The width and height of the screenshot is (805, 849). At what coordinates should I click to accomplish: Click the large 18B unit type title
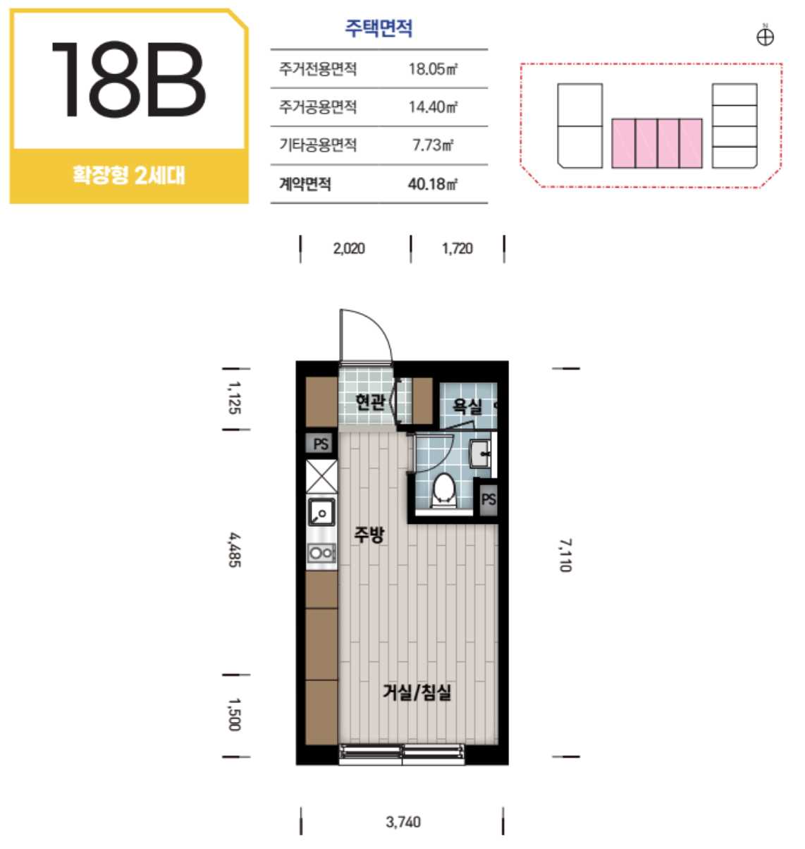(128, 80)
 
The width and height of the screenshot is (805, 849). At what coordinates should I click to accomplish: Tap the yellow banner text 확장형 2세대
(129, 176)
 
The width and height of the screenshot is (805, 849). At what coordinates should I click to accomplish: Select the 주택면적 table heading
(379, 28)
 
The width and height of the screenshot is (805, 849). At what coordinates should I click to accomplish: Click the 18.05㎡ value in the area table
(432, 69)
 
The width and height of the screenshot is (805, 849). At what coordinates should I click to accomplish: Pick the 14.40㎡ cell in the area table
(433, 106)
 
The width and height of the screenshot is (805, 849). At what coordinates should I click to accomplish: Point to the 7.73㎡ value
(432, 145)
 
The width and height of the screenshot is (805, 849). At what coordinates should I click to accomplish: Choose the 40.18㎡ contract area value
(432, 184)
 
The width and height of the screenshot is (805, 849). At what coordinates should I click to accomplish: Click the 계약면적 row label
(305, 184)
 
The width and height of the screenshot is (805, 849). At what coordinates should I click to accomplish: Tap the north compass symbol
(765, 36)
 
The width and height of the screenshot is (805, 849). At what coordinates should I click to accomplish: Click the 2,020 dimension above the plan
(349, 249)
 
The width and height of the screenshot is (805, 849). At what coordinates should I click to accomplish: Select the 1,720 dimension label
(457, 249)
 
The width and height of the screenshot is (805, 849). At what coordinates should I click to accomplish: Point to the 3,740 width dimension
(403, 821)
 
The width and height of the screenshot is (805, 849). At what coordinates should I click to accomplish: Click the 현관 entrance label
(369, 402)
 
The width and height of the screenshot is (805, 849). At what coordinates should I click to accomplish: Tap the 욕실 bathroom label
(467, 405)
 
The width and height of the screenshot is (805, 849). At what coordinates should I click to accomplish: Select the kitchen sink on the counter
(321, 512)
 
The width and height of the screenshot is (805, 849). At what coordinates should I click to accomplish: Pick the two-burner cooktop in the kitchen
(321, 553)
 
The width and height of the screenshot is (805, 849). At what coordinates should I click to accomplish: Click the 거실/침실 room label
(417, 692)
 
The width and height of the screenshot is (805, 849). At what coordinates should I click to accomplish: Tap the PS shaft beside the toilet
(488, 500)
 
